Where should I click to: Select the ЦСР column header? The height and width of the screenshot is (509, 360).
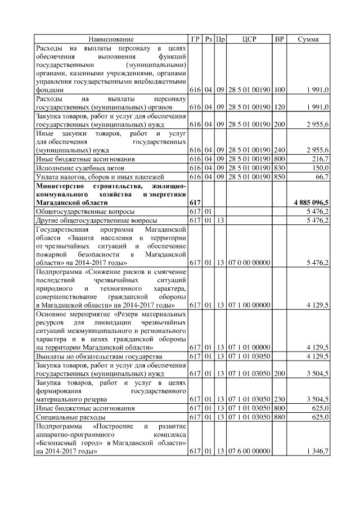(249, 39)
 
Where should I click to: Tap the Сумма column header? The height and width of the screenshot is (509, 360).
(308, 39)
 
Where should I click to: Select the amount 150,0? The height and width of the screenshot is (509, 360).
(320, 168)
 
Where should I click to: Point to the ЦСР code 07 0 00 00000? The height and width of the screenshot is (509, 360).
(249, 262)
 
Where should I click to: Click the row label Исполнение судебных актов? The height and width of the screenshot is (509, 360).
(76, 168)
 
